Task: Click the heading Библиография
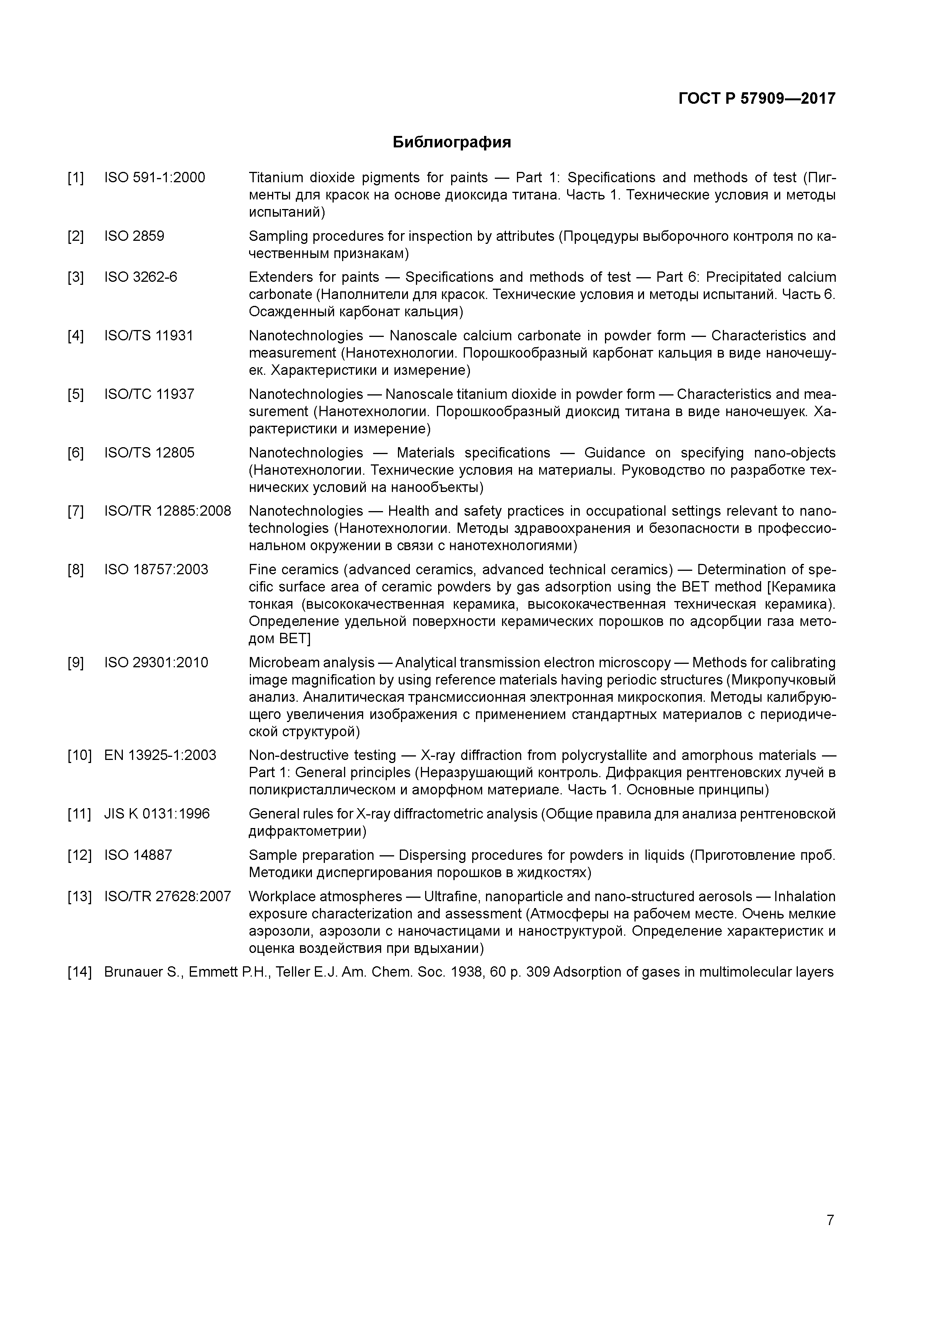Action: point(452,142)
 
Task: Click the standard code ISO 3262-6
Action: point(140,277)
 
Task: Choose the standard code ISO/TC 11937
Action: point(149,394)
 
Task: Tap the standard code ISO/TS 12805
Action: point(149,453)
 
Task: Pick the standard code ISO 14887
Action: point(138,855)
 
